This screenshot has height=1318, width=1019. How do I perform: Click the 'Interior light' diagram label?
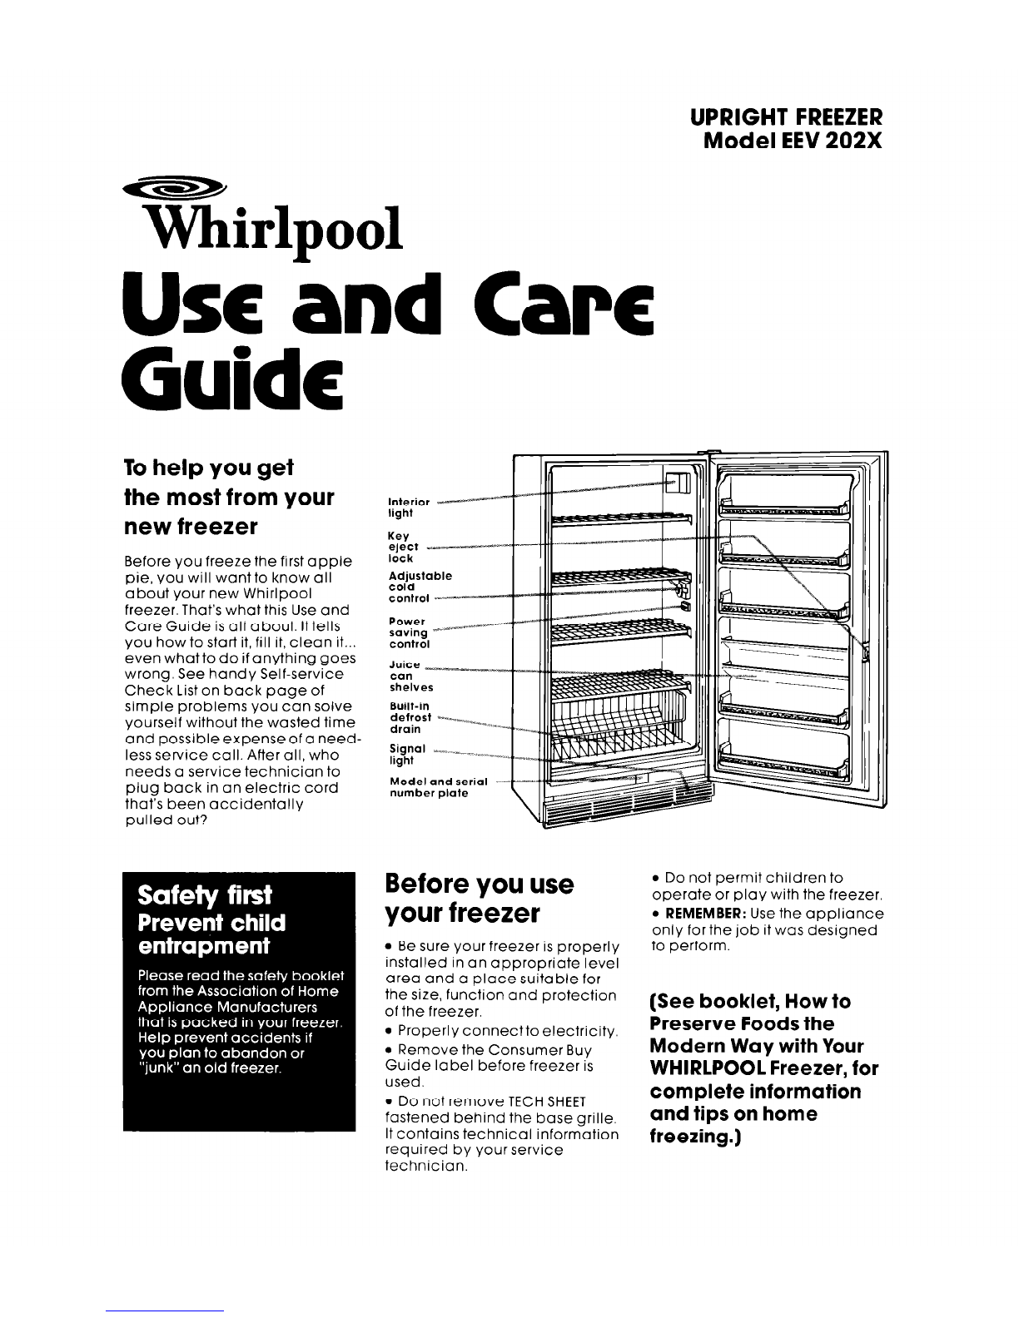[x=409, y=508]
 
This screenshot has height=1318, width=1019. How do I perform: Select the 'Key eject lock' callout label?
[x=403, y=548]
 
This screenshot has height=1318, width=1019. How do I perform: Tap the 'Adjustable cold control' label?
[x=420, y=587]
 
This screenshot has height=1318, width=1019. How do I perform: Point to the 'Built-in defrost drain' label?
[x=410, y=716]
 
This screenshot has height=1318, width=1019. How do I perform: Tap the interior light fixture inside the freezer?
[x=679, y=483]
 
